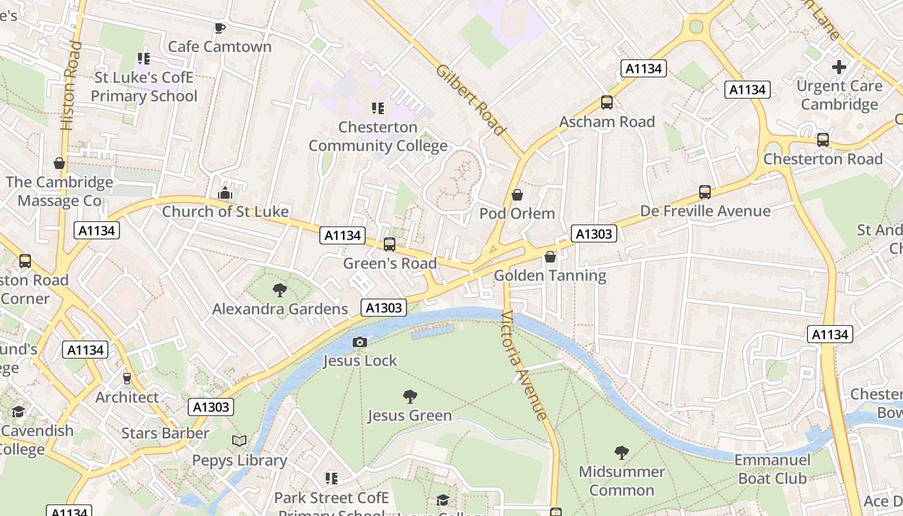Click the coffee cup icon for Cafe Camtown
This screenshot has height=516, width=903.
219,28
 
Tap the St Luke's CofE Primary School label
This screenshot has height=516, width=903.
144,87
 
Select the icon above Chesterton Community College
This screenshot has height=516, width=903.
378,108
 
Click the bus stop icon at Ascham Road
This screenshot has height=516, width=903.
606,102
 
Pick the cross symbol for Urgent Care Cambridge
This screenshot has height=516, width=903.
838,66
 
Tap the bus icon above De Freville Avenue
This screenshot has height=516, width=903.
705,192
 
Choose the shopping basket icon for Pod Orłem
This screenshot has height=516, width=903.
517,194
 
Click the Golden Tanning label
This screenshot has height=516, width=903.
550,276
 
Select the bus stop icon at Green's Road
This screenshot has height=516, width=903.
389,244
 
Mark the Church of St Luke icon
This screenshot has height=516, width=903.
224,192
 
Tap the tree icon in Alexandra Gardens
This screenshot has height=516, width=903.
279,290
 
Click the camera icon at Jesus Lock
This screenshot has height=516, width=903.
360,342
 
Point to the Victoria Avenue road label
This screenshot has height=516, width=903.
525,364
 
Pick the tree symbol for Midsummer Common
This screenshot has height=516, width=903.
621,452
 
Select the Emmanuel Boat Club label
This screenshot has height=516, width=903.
772,469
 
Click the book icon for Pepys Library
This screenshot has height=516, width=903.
239,441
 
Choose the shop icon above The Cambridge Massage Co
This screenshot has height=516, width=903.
59,163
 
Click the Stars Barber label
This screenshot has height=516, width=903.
165,433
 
